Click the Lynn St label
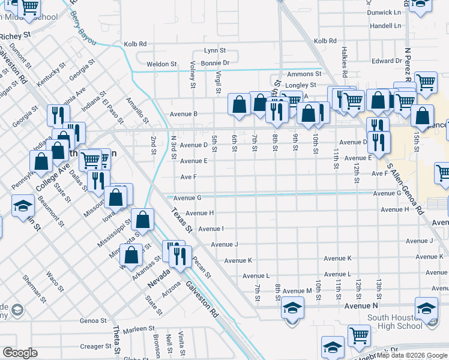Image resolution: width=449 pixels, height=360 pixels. pos(214,51)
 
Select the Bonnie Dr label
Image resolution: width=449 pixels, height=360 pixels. pos(215,63)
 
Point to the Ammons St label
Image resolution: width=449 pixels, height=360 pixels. pos(300,74)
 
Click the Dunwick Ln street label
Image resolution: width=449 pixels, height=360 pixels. pos(385,12)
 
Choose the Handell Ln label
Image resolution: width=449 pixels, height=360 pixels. pos(385,26)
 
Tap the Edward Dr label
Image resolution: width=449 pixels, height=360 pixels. pos(387,61)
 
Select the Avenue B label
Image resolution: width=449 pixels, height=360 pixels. pos(184,114)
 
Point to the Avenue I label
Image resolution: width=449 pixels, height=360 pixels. pos(211,229)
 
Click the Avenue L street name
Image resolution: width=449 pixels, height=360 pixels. pos(256,276)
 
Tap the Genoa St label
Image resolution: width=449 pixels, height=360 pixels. pos(92,321)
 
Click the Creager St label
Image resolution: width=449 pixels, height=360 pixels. pos(92,346)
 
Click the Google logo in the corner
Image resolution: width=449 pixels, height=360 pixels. pos(20,352)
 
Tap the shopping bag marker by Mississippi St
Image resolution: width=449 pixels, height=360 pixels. pos(143,220)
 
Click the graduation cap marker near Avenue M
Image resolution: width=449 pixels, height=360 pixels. pos(292,308)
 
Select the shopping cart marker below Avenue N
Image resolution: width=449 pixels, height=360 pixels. pos(359,335)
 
